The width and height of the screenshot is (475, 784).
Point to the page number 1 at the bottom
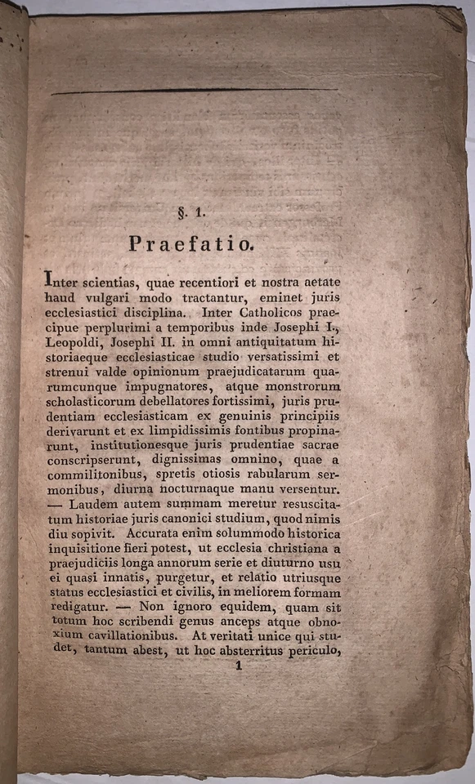click(x=240, y=666)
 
